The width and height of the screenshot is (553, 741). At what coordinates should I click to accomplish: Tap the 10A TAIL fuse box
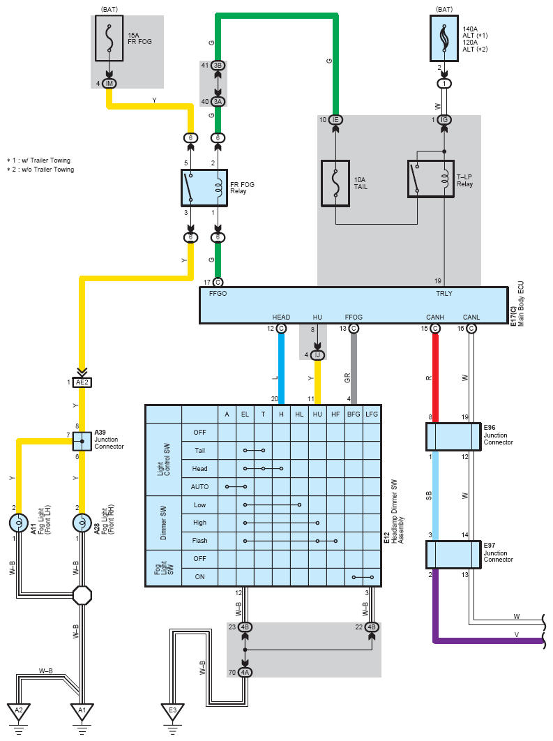[335, 184]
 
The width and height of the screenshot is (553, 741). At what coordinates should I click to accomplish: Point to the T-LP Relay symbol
[430, 179]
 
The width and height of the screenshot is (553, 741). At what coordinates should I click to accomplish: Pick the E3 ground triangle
[172, 712]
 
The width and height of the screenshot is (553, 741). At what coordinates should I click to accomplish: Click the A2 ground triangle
[19, 712]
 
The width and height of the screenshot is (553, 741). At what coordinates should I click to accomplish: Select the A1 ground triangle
[82, 712]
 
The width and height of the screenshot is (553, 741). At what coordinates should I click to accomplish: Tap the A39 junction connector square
[82, 441]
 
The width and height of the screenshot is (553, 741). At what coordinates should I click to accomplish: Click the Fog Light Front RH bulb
[82, 523]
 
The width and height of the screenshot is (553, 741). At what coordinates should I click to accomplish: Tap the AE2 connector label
[82, 382]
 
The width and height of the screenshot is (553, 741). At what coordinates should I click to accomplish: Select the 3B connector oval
[218, 65]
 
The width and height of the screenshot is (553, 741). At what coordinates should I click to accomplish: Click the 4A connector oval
[245, 673]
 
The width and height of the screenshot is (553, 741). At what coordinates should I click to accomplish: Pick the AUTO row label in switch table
[199, 486]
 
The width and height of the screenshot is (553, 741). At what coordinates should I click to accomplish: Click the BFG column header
[354, 414]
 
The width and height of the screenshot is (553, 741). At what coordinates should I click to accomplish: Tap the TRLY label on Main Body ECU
[444, 294]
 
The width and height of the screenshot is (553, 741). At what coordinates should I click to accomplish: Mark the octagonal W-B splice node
[82, 595]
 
